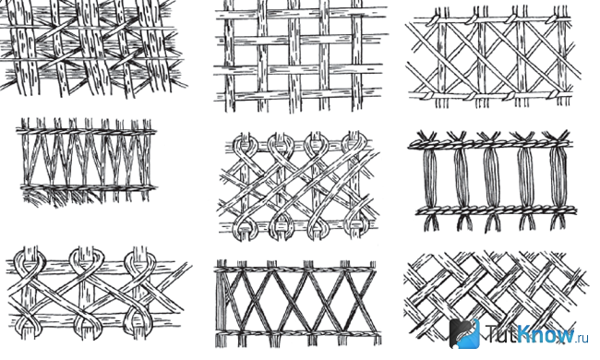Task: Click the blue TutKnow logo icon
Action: coord(464,333)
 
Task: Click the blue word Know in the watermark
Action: coord(545,333)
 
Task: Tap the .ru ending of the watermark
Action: coord(582,338)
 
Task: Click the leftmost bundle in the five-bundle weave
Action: coord(430,178)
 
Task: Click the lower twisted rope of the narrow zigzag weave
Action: coord(88,187)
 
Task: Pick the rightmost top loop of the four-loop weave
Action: coord(354,143)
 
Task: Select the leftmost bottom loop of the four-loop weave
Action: coord(244,228)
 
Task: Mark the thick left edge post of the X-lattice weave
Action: coord(222,303)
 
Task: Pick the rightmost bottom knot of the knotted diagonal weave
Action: coord(554,94)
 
